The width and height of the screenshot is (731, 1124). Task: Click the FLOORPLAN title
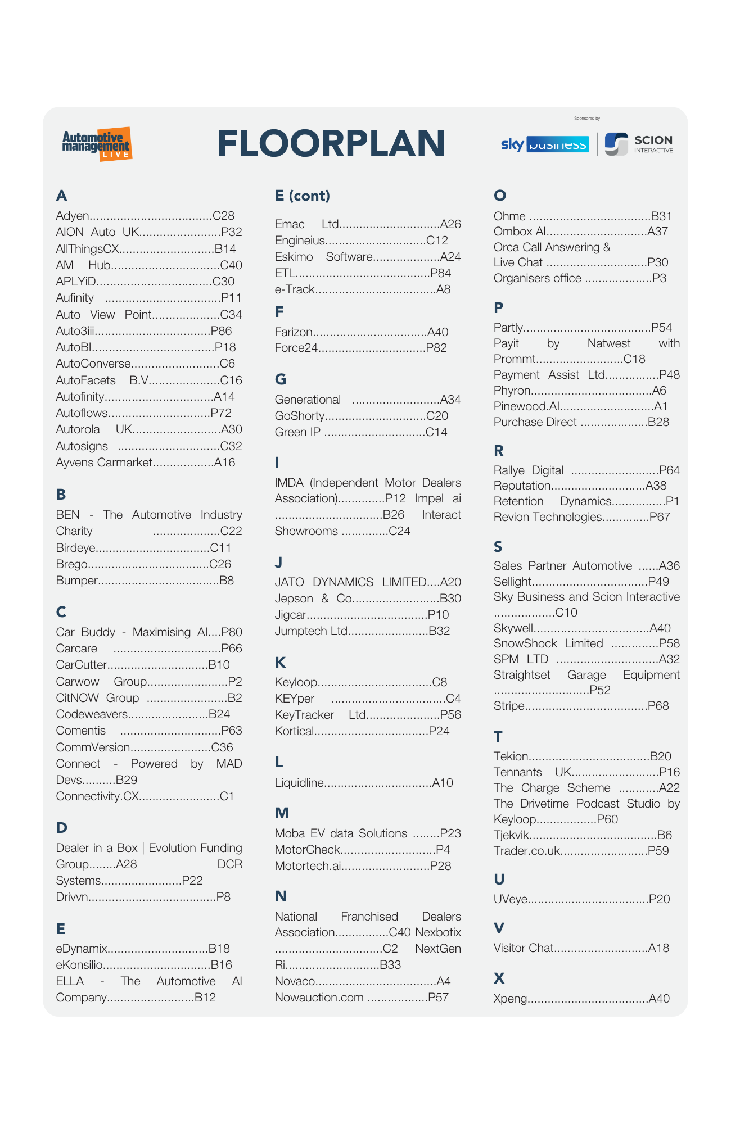[331, 143]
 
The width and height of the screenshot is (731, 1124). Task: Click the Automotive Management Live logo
[97, 144]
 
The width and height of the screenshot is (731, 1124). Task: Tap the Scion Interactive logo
[639, 144]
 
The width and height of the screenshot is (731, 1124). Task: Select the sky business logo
[544, 144]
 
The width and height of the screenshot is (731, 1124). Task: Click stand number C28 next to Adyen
[223, 216]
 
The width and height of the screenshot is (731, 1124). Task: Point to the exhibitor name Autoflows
[82, 413]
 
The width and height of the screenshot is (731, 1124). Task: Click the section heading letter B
[61, 495]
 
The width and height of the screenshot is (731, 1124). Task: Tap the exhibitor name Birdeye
[75, 548]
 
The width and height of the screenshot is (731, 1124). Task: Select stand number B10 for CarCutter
[219, 665]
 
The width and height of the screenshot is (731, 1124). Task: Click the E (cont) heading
[302, 196]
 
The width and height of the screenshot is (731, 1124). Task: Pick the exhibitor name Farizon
[294, 332]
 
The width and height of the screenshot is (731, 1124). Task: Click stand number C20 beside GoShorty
[437, 416]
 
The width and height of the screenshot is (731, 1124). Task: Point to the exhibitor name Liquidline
[299, 783]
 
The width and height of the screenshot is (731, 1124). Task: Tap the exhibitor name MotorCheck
[307, 850]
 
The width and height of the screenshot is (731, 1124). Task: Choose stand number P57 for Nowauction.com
[438, 998]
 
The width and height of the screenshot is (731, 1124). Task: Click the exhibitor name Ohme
[509, 216]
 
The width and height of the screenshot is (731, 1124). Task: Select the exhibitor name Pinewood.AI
[526, 406]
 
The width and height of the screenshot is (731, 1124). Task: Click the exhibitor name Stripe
[509, 706]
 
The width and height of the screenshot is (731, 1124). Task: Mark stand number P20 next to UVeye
[659, 899]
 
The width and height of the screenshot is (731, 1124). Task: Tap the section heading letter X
[499, 978]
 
